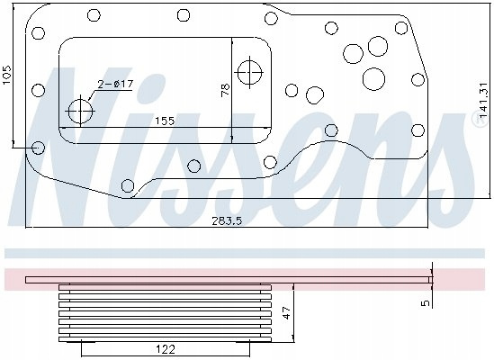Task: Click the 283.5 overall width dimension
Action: [x=226, y=221]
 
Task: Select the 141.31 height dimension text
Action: [x=483, y=100]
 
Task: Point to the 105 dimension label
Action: [x=7, y=75]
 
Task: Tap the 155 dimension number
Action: [x=165, y=121]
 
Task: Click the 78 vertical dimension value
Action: [x=226, y=90]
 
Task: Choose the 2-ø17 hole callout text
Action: [x=115, y=85]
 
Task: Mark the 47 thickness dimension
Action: [x=287, y=312]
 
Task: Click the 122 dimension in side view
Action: [x=166, y=349]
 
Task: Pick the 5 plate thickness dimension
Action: [x=426, y=303]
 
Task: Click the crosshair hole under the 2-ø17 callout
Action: [x=81, y=112]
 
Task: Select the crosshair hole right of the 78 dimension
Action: [x=250, y=73]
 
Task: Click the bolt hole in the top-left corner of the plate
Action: [x=39, y=33]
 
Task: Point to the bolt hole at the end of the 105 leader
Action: [x=39, y=148]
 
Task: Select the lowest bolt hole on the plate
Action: [x=128, y=185]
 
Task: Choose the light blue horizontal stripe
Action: [x=245, y=253]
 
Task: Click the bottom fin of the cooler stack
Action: [x=165, y=339]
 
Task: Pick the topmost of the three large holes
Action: [x=378, y=46]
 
